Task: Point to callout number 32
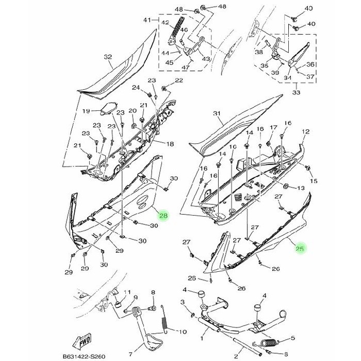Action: click(108, 57)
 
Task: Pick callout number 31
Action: click(216, 113)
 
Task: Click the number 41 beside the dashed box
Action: click(146, 20)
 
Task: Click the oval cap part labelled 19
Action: click(107, 109)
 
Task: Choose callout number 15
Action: click(314, 181)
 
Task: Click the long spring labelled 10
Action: click(164, 324)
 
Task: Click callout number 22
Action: click(178, 80)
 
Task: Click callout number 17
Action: click(273, 127)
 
